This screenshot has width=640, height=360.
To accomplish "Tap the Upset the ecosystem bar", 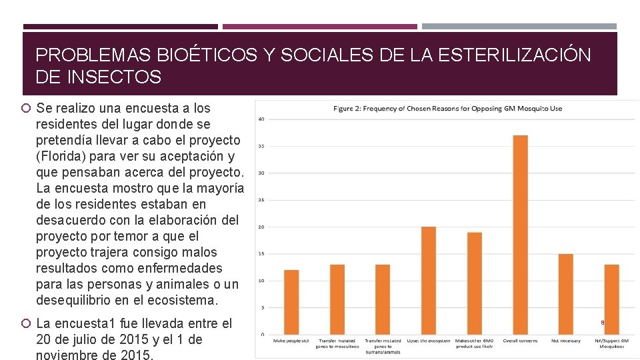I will (x=429, y=280).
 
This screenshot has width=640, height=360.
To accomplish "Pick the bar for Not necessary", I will (x=565, y=294).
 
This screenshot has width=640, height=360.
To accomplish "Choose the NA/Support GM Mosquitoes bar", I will (x=611, y=299).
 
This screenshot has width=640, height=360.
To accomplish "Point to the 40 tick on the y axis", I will (x=261, y=119).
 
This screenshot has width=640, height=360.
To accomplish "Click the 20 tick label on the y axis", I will (x=261, y=227).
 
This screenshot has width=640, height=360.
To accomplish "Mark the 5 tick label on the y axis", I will (x=262, y=307).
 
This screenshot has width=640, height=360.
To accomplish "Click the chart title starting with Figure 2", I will (x=448, y=109).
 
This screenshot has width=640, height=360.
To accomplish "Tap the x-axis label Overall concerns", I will (x=520, y=341).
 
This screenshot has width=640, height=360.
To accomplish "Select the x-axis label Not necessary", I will (x=565, y=341).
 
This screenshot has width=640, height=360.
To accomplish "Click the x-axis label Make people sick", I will (x=291, y=341).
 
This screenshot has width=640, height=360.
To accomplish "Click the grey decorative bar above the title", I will (x=519, y=27).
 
